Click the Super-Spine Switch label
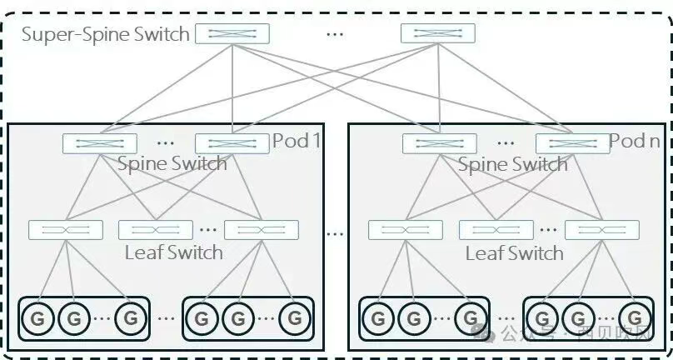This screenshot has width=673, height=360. (x=104, y=34)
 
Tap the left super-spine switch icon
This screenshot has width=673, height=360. (x=232, y=33)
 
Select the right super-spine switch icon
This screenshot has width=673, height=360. (x=437, y=33)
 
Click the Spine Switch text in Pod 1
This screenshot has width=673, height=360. (x=172, y=163)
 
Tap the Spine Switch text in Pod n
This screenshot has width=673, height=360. (x=512, y=163)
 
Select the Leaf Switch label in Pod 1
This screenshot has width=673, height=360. (x=173, y=252)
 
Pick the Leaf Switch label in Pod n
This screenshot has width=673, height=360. (x=514, y=252)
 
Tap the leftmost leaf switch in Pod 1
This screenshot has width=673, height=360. (x=66, y=229)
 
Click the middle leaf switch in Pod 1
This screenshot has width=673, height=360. (x=156, y=229)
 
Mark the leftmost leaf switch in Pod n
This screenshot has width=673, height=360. (x=406, y=229)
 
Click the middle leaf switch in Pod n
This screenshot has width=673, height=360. (x=496, y=229)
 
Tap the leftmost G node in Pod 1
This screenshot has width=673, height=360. (x=37, y=318)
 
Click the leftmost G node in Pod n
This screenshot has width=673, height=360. (x=377, y=318)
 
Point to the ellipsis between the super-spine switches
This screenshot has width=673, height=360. (x=335, y=34)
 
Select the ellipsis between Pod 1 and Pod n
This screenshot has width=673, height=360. (x=335, y=233)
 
